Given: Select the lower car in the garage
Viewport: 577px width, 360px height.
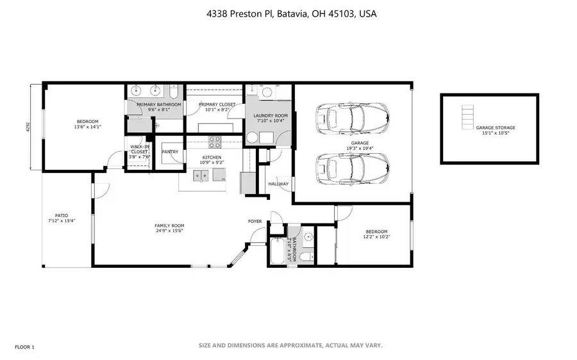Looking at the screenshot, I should click(351, 169).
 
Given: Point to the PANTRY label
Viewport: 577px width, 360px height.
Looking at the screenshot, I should click(170, 152).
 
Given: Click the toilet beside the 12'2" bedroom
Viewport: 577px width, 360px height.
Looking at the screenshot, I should click(307, 254).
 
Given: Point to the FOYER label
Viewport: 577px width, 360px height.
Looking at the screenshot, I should click(255, 222).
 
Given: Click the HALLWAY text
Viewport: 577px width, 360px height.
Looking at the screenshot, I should click(278, 184).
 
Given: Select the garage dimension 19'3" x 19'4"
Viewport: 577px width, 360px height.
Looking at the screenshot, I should click(359, 149).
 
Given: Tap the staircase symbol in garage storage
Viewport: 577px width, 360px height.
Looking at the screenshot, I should click(467, 117).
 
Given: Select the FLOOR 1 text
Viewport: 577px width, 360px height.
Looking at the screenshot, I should click(23, 347).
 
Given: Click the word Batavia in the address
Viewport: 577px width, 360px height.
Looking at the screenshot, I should click(298, 13).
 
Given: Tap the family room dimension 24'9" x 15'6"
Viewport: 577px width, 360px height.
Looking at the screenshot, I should click(169, 231).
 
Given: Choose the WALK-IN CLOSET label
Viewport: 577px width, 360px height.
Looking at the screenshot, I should click(139, 151).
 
